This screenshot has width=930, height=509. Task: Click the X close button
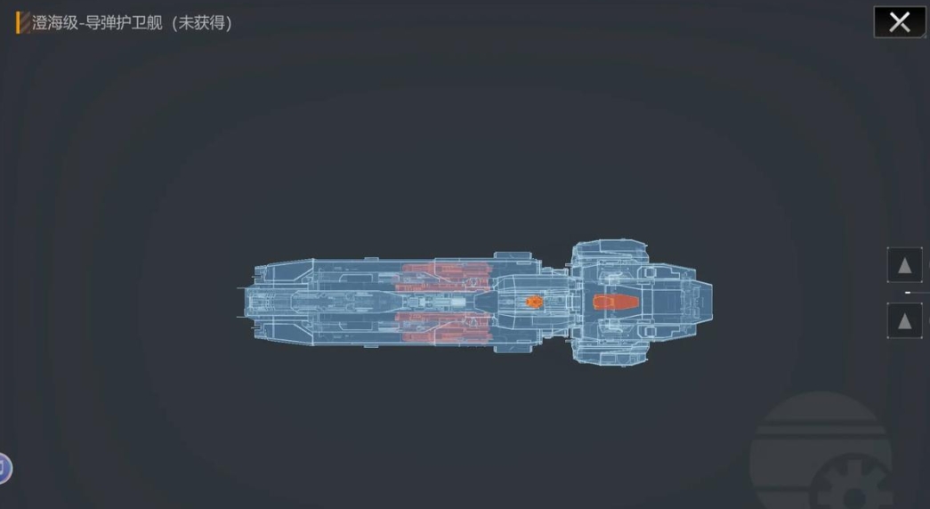(899, 22)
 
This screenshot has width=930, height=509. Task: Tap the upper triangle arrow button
(904, 265)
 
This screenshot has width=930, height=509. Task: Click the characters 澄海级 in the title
(54, 23)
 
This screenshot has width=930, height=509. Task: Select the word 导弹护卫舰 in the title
(124, 23)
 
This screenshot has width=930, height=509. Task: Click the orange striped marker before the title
(23, 23)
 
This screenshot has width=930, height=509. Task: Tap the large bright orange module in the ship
(615, 302)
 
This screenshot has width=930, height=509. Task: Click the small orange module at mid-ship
(534, 302)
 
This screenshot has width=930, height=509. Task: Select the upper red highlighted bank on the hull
(444, 277)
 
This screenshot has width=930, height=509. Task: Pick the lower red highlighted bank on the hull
(444, 328)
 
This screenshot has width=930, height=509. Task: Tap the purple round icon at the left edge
(4, 469)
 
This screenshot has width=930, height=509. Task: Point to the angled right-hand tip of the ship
(711, 303)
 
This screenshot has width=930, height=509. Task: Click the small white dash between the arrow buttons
(908, 293)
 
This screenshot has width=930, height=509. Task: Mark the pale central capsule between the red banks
(442, 303)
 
